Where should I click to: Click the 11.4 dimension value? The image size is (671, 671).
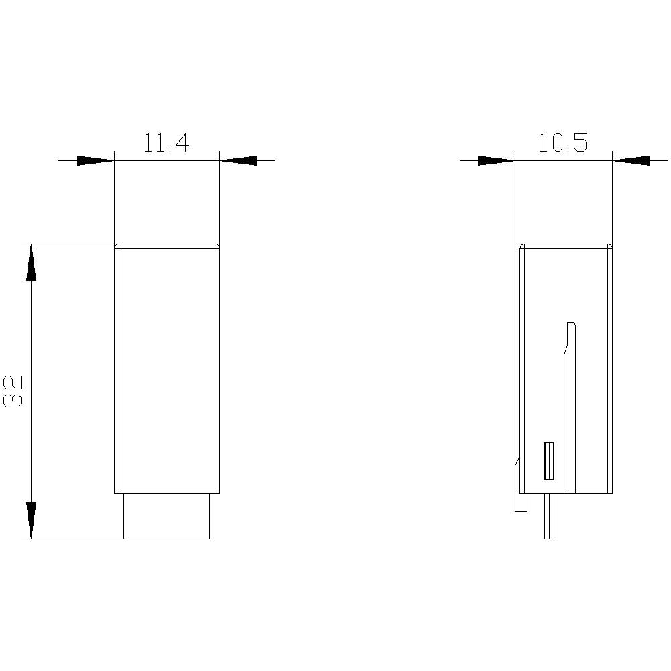click(166, 144)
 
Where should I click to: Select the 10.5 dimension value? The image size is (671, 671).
click(562, 143)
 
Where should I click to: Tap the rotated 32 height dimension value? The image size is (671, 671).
click(14, 391)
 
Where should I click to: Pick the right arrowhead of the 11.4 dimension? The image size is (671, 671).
click(239, 160)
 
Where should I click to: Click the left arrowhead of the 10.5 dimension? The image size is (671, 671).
click(496, 160)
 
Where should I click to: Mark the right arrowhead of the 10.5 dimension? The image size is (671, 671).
click(631, 160)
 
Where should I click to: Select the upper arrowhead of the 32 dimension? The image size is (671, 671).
click(31, 263)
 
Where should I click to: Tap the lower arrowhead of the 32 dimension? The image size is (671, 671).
click(31, 519)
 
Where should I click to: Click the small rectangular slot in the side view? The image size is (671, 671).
click(549, 461)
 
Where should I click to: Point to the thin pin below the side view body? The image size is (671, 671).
click(549, 517)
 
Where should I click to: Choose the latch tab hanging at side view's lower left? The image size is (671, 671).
click(521, 502)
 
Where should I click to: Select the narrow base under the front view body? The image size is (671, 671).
click(166, 516)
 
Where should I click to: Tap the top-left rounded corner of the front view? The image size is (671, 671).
click(116, 246)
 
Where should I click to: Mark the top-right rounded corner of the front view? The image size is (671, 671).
click(217, 246)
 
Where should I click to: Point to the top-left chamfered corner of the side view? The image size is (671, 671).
click(523, 246)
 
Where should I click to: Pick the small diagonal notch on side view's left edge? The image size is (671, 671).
click(517, 461)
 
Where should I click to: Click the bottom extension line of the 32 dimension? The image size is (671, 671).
click(74, 539)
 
